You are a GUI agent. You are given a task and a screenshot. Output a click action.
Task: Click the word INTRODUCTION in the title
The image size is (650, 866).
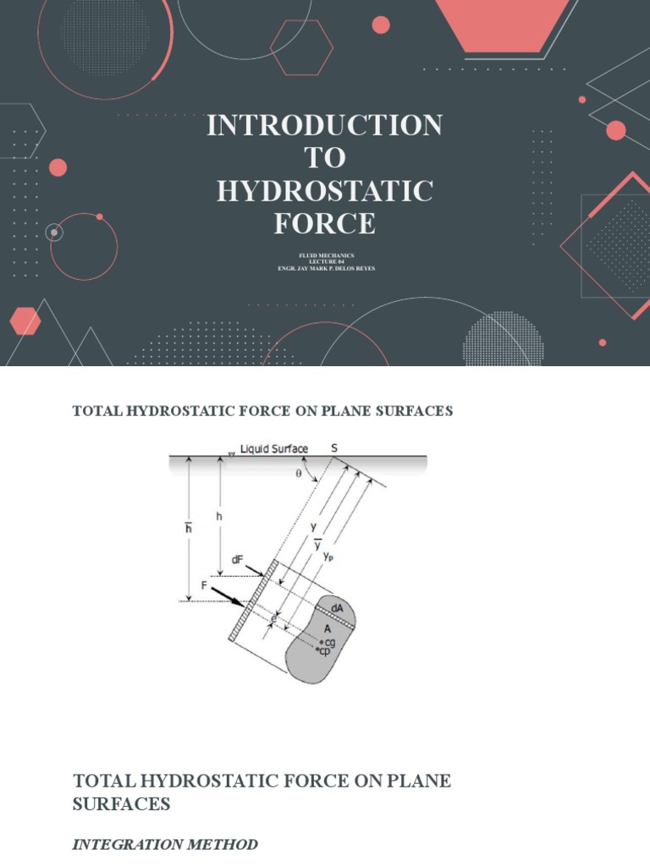tap(325, 126)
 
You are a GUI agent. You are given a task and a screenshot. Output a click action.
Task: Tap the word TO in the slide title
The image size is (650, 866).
tap(325, 158)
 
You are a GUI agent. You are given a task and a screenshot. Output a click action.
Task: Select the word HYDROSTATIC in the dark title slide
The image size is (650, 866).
tap(325, 191)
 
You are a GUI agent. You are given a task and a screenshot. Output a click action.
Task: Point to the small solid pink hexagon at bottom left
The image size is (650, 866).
tap(25, 321)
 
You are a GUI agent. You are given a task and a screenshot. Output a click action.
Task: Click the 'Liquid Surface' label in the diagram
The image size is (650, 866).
tap(273, 448)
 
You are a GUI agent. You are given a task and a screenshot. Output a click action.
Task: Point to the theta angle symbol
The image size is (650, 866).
tap(297, 474)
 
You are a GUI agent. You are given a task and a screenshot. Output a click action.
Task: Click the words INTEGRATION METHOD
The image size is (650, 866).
tap(165, 845)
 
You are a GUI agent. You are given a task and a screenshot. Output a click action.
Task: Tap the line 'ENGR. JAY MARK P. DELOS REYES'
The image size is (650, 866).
tap(325, 268)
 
